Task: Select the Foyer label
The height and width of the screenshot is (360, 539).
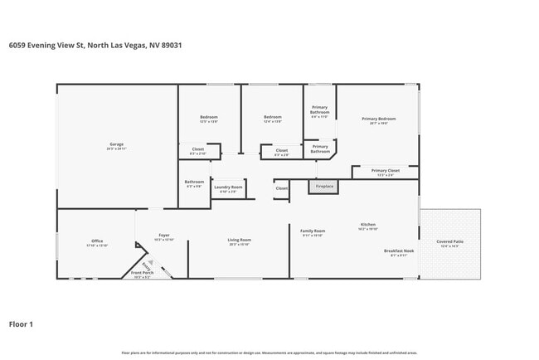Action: coord(164,236)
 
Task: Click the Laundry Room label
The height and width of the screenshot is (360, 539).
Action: coord(228,188)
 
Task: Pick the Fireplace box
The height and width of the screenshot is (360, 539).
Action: coord(323,187)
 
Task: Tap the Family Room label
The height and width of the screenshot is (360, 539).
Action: coord(313,232)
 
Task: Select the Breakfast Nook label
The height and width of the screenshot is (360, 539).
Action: coord(399,252)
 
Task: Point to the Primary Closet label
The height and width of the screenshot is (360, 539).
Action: coord(386,172)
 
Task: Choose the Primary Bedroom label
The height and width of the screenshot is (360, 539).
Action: coord(379,120)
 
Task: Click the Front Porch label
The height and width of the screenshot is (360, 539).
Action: coord(143,274)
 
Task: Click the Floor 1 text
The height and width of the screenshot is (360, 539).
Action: coord(21,324)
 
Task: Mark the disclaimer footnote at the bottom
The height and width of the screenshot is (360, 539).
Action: coord(269,353)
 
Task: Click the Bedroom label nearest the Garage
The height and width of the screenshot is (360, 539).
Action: coord(209,119)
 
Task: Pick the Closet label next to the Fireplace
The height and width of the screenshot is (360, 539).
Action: coord(282,188)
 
